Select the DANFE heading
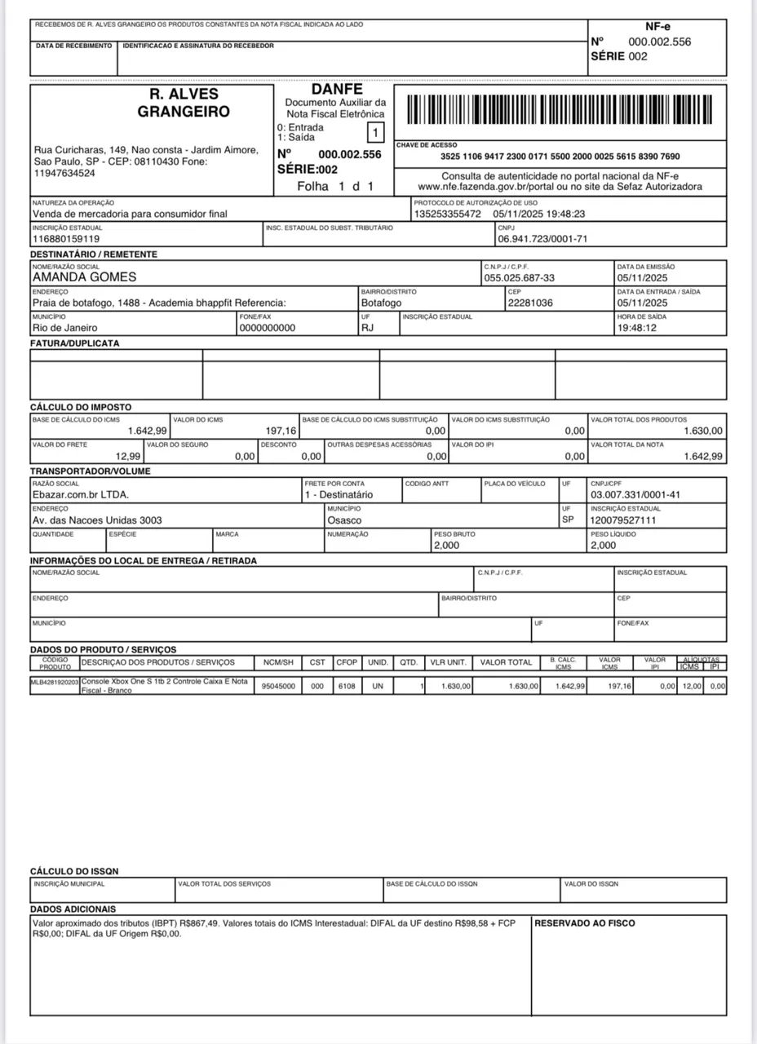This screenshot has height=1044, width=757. (336, 89)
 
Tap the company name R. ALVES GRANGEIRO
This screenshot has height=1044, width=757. (184, 104)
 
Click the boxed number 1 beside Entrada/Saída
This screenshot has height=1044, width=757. (374, 132)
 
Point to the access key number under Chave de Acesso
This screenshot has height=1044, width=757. (560, 156)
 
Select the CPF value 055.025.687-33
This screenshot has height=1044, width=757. (519, 278)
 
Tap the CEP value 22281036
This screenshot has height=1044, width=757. (530, 303)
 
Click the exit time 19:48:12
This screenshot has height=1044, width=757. (638, 328)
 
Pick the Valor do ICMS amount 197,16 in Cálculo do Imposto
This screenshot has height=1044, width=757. (281, 431)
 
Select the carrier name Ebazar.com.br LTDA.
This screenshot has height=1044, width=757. (80, 494)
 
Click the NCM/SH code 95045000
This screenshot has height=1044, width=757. (277, 687)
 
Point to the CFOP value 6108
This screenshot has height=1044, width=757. (346, 687)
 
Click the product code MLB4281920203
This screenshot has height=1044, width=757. (55, 681)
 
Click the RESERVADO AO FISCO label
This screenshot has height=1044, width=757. (585, 923)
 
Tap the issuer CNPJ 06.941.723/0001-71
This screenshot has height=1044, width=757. (542, 240)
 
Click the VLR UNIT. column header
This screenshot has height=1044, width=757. (449, 662)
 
